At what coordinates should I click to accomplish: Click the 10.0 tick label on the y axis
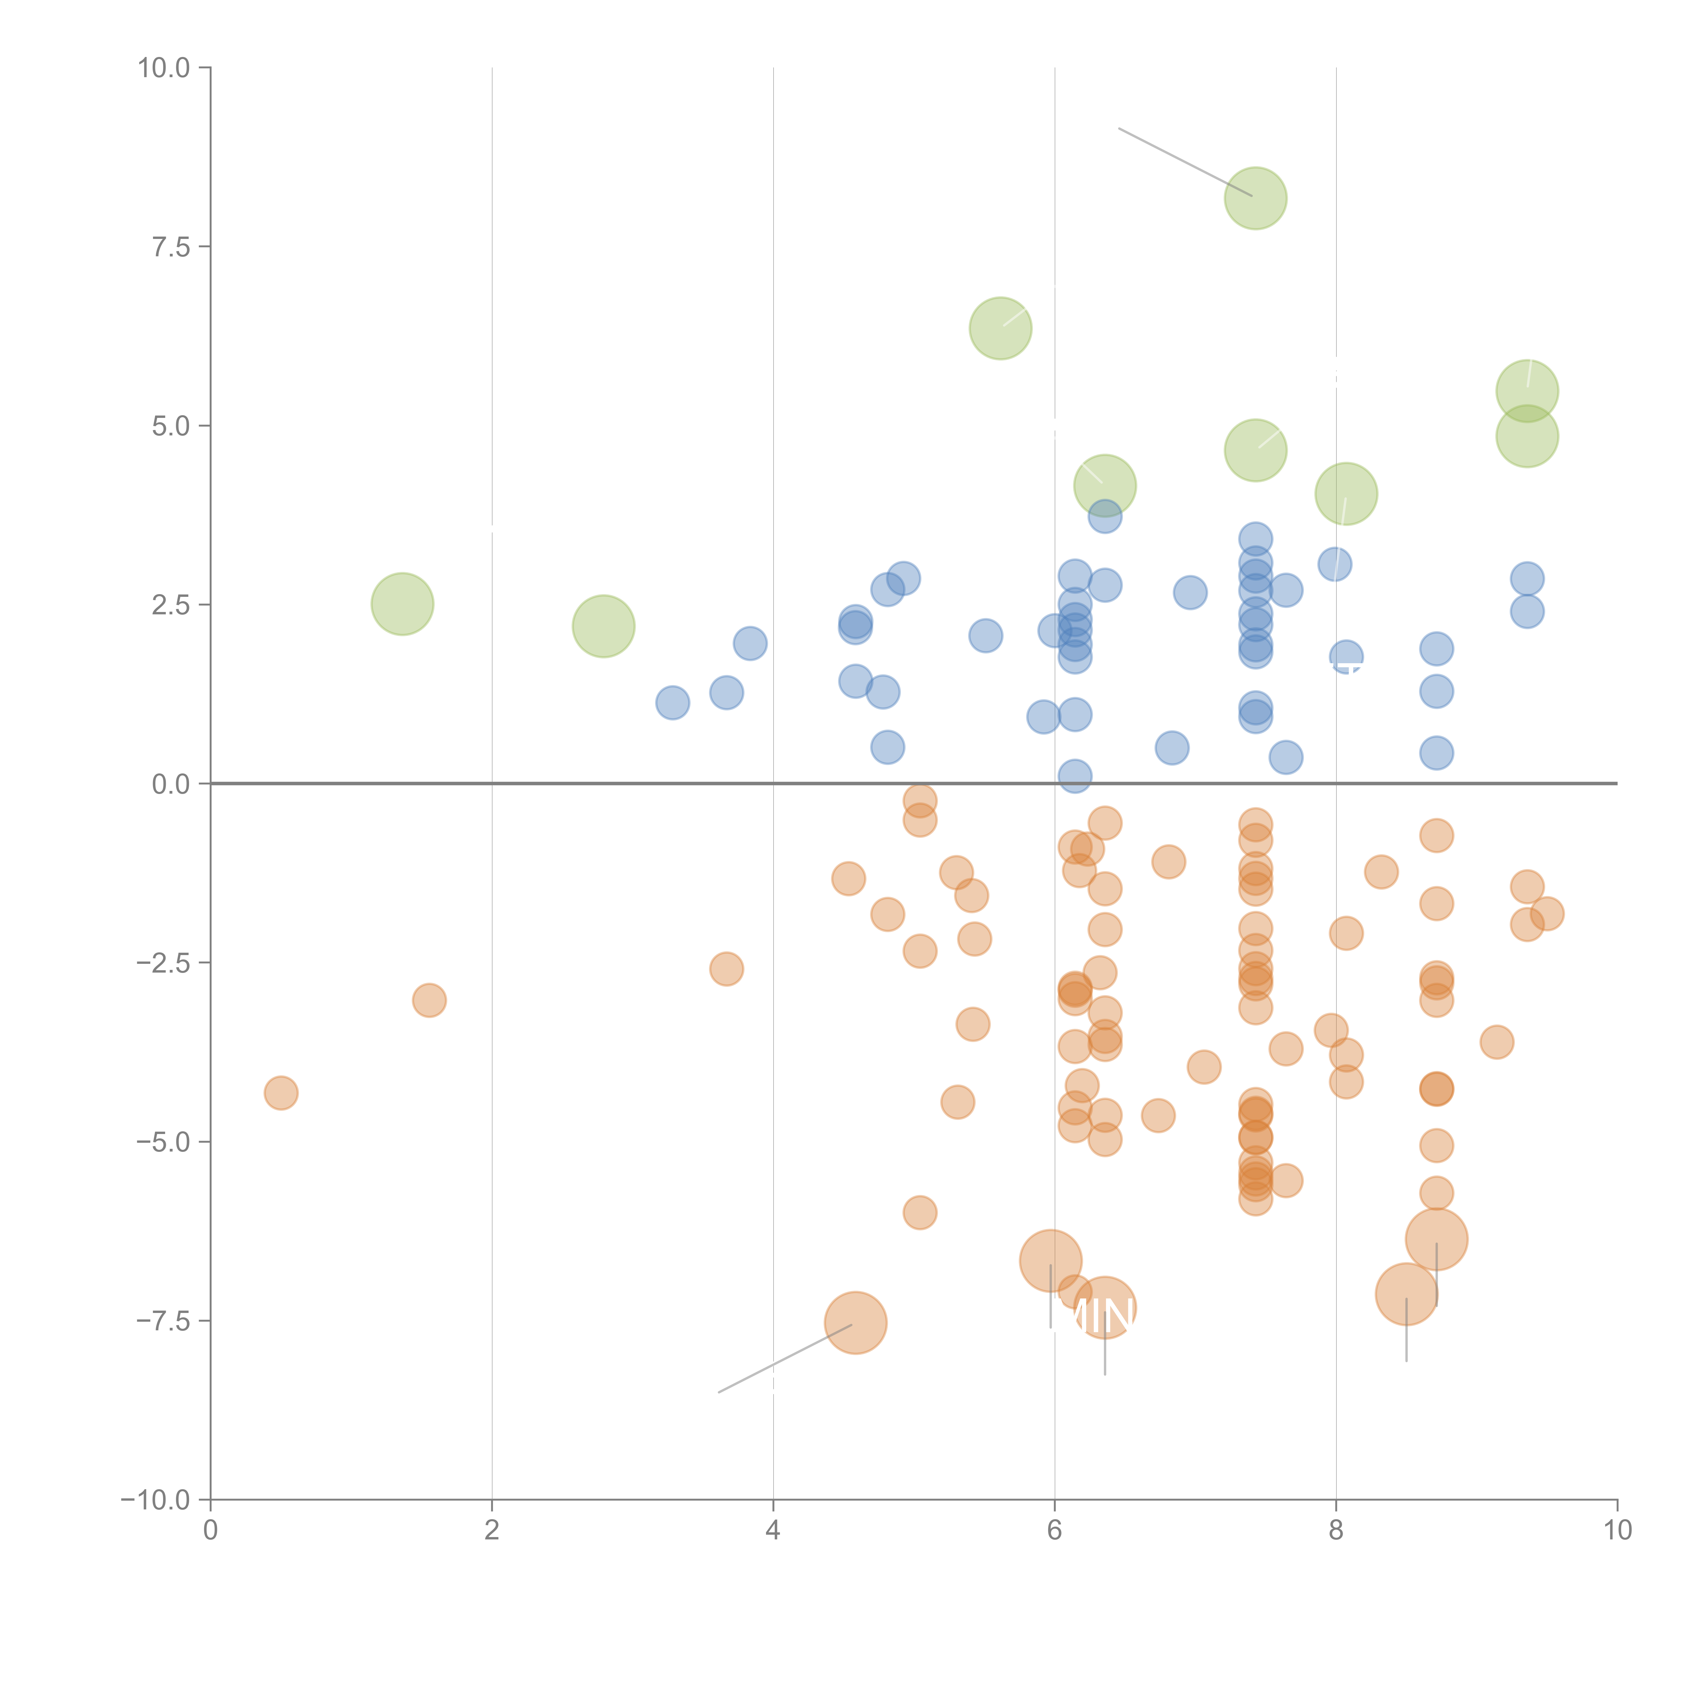tap(164, 68)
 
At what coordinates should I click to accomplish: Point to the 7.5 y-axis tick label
tap(171, 247)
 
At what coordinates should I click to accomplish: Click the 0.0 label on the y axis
tap(171, 784)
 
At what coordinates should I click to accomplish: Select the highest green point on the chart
tap(1255, 198)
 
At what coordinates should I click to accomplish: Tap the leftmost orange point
tap(281, 1093)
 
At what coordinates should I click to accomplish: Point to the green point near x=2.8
tap(604, 626)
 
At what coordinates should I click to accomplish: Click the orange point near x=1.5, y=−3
tap(429, 1000)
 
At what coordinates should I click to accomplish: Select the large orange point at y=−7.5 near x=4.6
tap(856, 1323)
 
